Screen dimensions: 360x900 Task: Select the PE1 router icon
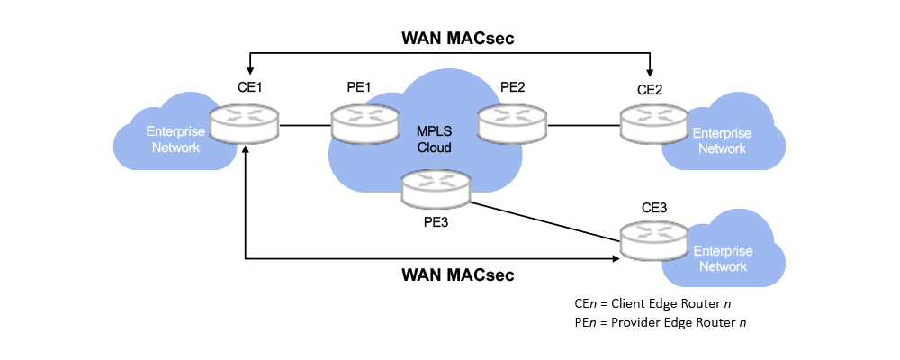click(x=364, y=123)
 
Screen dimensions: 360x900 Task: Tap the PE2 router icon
click(x=512, y=123)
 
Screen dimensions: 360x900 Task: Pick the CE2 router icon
click(x=653, y=123)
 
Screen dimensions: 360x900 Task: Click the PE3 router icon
click(x=436, y=188)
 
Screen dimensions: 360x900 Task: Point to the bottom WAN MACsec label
click(x=457, y=274)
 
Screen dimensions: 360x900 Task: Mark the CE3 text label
click(x=654, y=207)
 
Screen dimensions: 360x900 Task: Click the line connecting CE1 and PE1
click(x=305, y=126)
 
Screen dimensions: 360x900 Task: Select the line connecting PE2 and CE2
click(x=582, y=126)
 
